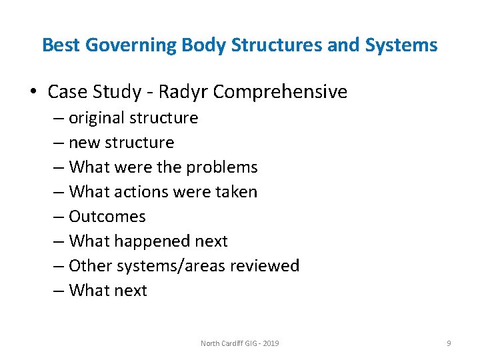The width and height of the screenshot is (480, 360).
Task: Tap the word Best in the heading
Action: click(61, 45)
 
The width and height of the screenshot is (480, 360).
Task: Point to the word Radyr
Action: click(182, 91)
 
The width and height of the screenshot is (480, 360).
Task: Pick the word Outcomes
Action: click(107, 217)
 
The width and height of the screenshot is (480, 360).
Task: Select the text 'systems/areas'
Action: click(172, 266)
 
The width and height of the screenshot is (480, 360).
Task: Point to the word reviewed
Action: click(265, 266)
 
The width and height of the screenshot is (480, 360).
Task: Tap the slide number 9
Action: click(449, 343)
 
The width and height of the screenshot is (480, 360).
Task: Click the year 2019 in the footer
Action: click(271, 343)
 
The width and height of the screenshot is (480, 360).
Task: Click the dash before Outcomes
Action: click(59, 217)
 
